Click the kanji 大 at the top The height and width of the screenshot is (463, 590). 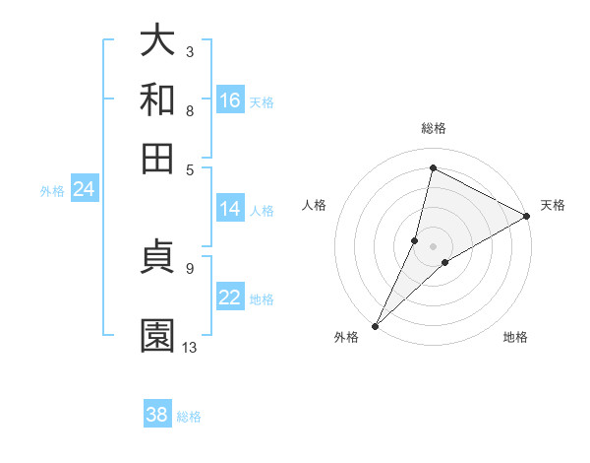[157, 41]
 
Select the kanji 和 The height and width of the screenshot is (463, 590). [157, 99]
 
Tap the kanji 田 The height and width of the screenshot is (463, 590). [157, 157]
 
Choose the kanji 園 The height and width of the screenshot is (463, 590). [157, 336]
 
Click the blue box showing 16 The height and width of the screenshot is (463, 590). [230, 99]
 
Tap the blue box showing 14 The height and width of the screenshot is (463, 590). [230, 209]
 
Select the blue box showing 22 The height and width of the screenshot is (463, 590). [230, 298]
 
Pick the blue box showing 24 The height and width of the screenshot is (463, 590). [84, 190]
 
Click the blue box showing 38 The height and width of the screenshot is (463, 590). [157, 415]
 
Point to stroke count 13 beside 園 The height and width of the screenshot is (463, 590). [190, 348]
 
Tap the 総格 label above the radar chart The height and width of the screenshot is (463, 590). [433, 128]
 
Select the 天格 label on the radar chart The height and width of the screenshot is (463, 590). [553, 205]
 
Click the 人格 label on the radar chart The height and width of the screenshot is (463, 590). [314, 205]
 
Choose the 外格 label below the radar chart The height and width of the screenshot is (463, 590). [346, 337]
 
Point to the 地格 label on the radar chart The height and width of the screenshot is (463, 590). [515, 337]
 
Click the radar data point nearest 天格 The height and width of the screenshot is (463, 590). [527, 217]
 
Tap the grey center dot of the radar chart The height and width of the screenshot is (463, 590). [433, 246]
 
